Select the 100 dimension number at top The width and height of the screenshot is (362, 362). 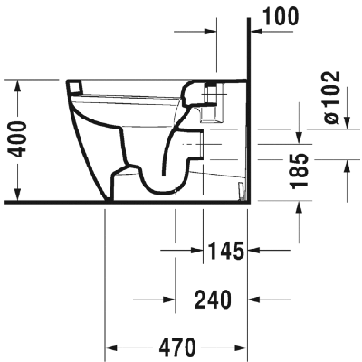pos(281,16)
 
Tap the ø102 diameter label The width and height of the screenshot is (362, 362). pos(332,98)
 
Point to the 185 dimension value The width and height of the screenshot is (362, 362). pos(300,171)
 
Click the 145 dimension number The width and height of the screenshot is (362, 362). pos(226,251)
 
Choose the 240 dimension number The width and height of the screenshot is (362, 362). pos(214,300)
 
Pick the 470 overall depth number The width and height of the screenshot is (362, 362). pos(177,347)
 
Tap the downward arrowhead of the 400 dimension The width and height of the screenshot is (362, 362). pos(18,194)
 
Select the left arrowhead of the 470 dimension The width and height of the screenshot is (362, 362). pos(111,348)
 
